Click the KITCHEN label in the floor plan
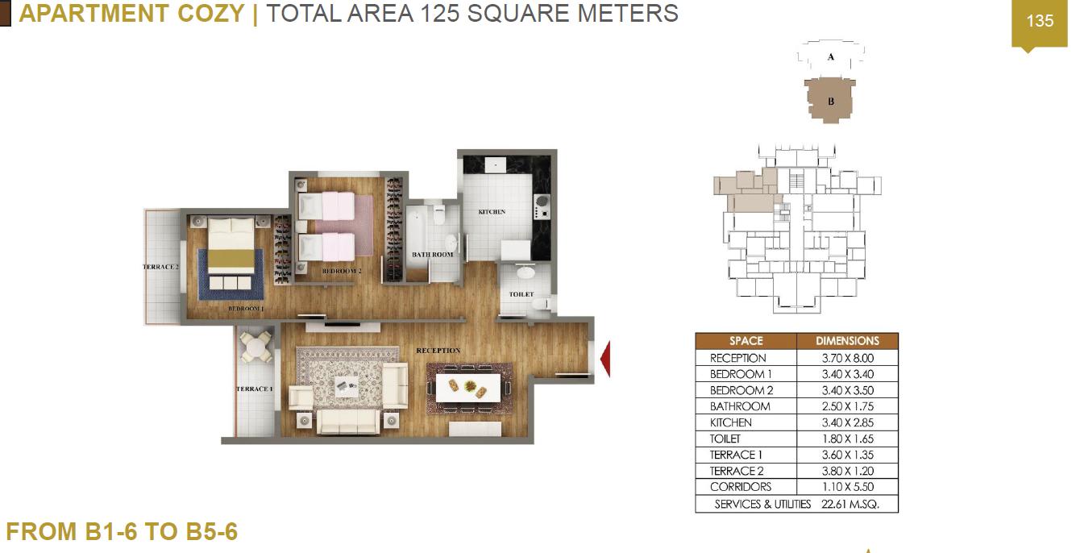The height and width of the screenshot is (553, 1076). pyautogui.click(x=492, y=212)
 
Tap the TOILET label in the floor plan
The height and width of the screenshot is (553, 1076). pyautogui.click(x=521, y=294)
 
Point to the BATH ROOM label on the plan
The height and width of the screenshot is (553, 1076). pyautogui.click(x=432, y=255)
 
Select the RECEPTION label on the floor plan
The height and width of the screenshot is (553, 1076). pyautogui.click(x=438, y=351)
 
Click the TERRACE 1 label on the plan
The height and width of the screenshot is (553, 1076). pyautogui.click(x=255, y=389)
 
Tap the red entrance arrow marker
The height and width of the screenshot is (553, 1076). pyautogui.click(x=605, y=359)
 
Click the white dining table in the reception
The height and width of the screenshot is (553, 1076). pyautogui.click(x=468, y=388)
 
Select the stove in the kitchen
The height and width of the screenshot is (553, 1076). pyautogui.click(x=542, y=206)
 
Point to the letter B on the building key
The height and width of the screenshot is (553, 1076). pyautogui.click(x=831, y=102)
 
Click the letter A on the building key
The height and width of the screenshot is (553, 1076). pyautogui.click(x=831, y=56)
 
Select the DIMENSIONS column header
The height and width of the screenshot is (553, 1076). pyautogui.click(x=847, y=341)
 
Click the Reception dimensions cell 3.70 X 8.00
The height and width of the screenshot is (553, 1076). pyautogui.click(x=847, y=358)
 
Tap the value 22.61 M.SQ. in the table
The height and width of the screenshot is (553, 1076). pyautogui.click(x=850, y=504)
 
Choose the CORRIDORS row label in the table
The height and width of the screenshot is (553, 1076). pyautogui.click(x=740, y=487)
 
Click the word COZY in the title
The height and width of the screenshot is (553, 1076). pyautogui.click(x=211, y=13)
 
